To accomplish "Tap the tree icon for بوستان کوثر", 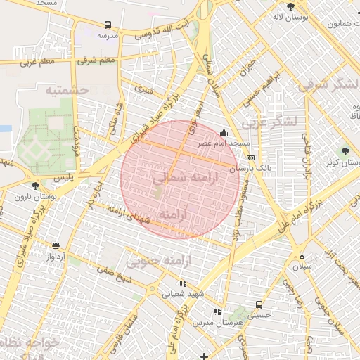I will tap(345, 151).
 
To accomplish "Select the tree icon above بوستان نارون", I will tap(35, 185).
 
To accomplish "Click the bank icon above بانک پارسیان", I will tap(250, 158).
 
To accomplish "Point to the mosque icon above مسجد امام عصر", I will tap(224, 131).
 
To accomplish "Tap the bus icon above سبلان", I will tap(302, 255).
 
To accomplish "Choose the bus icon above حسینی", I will tap(259, 305).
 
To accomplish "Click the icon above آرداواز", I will tap(56, 245).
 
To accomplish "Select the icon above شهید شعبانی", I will tap(184, 283).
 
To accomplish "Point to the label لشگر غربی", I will tap(269, 122).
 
